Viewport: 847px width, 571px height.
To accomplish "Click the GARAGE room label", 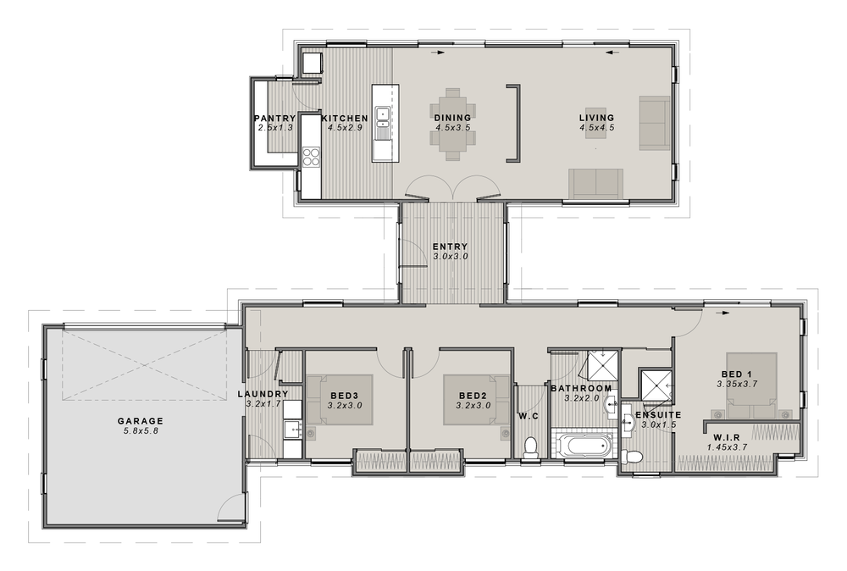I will pyautogui.click(x=141, y=421).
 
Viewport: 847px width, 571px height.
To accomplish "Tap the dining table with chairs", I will pyautogui.click(x=452, y=125).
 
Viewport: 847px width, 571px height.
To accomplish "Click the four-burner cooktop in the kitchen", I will pyautogui.click(x=311, y=157).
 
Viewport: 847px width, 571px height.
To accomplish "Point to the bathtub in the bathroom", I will pyautogui.click(x=582, y=445).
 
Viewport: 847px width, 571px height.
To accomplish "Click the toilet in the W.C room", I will pyautogui.click(x=531, y=447).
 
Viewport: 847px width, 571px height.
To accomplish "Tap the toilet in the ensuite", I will pyautogui.click(x=631, y=457).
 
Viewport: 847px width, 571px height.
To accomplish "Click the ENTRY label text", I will pyautogui.click(x=450, y=247).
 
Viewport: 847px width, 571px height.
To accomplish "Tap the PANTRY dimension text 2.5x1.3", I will pyautogui.click(x=275, y=128).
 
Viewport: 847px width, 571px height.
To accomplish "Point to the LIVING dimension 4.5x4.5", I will pyautogui.click(x=596, y=128).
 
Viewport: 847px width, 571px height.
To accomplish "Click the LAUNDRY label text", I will pyautogui.click(x=263, y=394).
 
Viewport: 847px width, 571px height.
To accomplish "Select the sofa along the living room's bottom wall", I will pyautogui.click(x=595, y=183).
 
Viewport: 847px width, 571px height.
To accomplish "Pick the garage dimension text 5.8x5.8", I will pyautogui.click(x=141, y=431).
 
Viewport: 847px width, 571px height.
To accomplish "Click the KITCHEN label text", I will pyautogui.click(x=344, y=118).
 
